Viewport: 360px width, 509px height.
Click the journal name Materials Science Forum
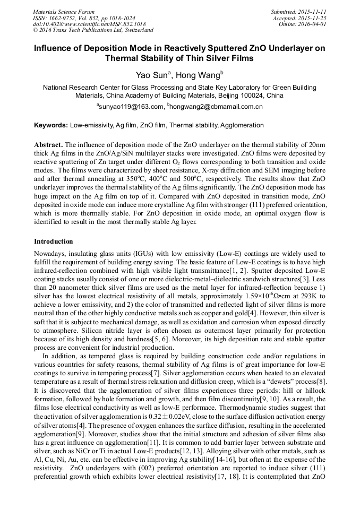(x=64, y=11)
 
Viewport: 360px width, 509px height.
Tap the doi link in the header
(x=89, y=24)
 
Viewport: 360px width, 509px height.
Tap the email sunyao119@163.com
(x=131, y=107)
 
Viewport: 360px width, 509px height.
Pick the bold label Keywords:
(x=51, y=125)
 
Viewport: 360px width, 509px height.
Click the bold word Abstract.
(x=48, y=145)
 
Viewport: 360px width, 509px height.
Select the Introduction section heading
(x=54, y=241)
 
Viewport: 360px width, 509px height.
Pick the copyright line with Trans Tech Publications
(x=93, y=30)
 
